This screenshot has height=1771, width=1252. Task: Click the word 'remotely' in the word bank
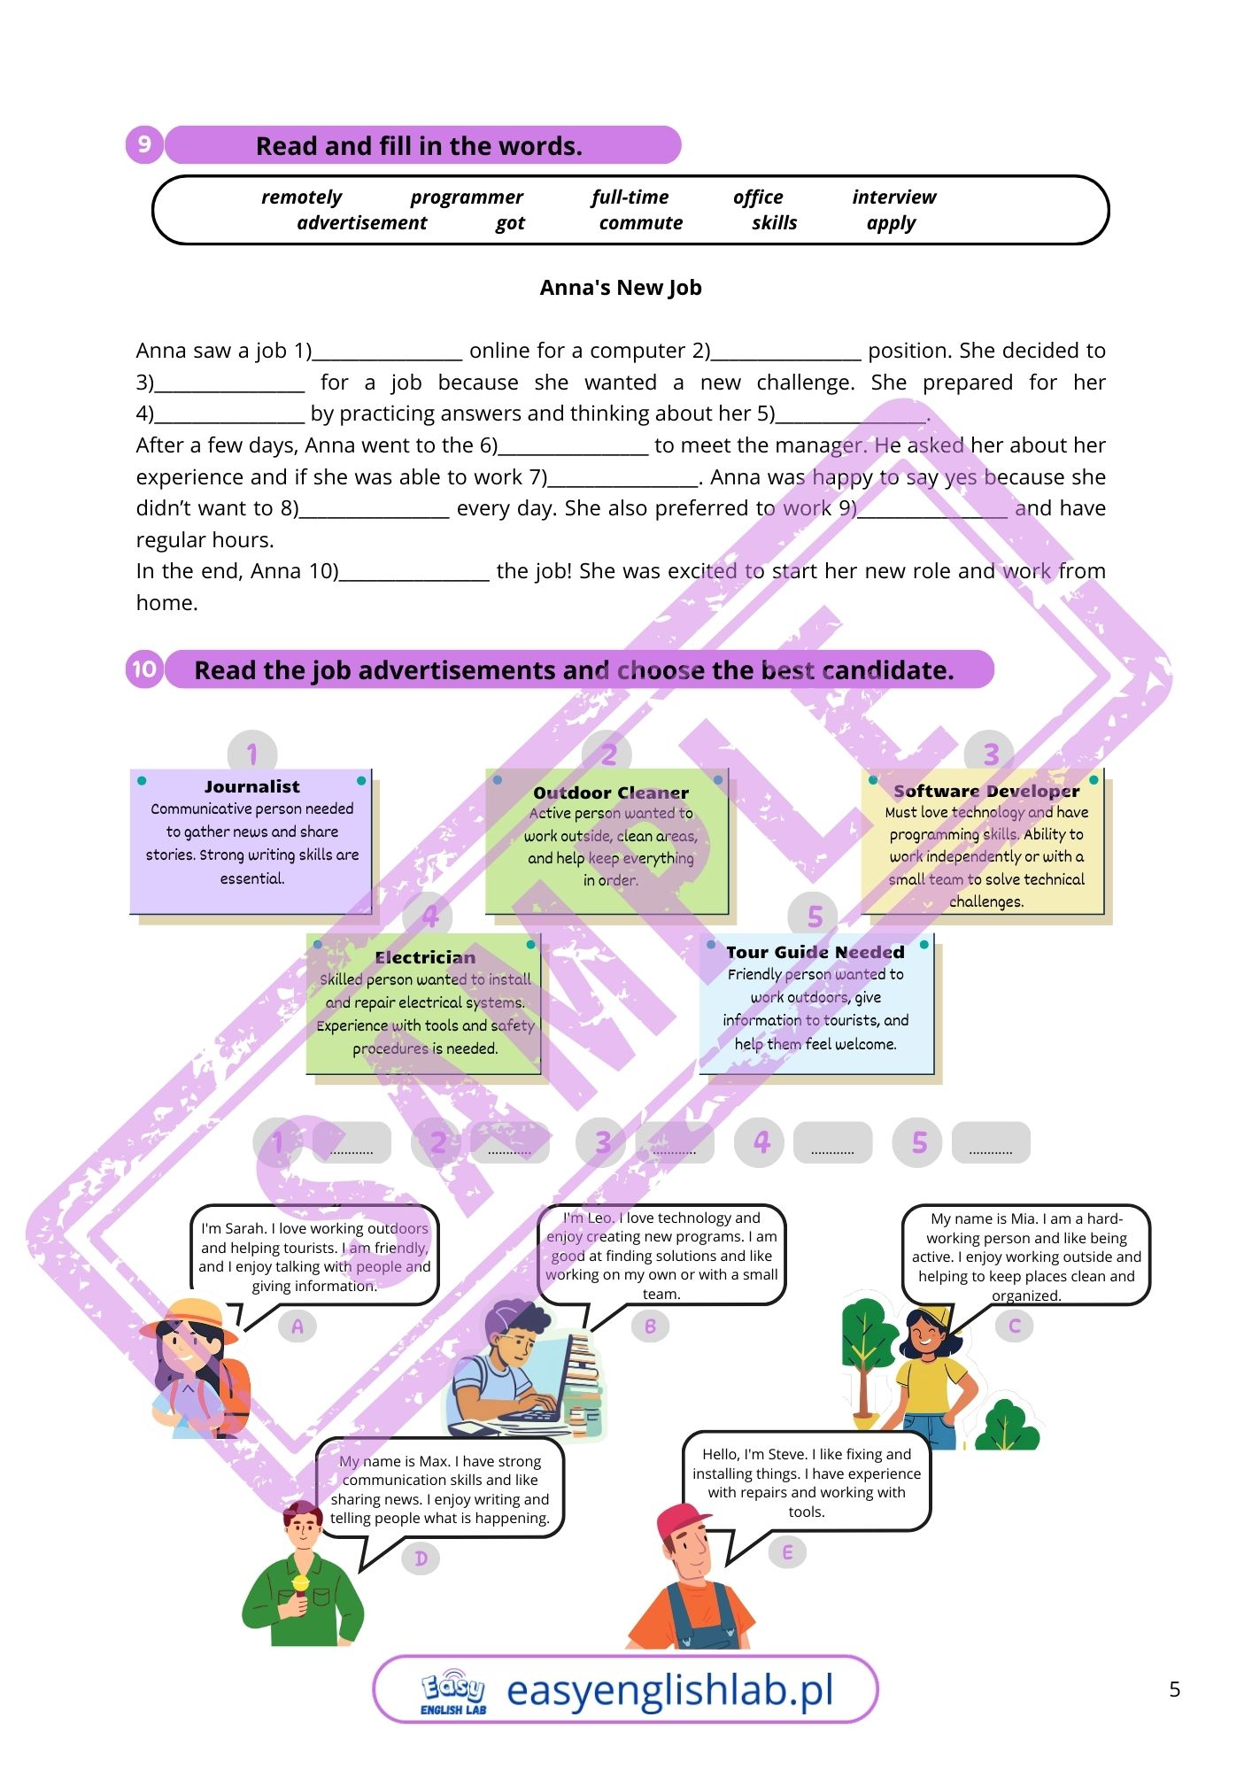pyautogui.click(x=301, y=197)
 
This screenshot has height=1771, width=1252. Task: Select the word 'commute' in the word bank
pyautogui.click(x=640, y=223)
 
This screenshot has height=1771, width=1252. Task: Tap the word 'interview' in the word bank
pyautogui.click(x=893, y=197)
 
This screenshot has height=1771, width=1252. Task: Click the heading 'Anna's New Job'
pyautogui.click(x=621, y=288)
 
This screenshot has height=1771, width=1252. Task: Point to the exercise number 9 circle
pyautogui.click(x=144, y=144)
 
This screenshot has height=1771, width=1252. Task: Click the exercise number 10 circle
pyautogui.click(x=144, y=669)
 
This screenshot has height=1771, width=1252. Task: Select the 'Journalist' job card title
pyautogui.click(x=252, y=786)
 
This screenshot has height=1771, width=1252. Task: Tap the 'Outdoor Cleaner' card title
pyautogui.click(x=611, y=793)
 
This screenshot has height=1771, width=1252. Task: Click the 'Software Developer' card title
pyautogui.click(x=986, y=791)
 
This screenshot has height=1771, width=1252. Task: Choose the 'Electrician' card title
pyautogui.click(x=425, y=957)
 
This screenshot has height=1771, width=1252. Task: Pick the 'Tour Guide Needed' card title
pyautogui.click(x=815, y=952)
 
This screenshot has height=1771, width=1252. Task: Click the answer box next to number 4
pyautogui.click(x=832, y=1143)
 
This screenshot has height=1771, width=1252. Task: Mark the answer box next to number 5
pyautogui.click(x=991, y=1143)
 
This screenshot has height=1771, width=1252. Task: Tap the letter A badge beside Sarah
pyautogui.click(x=298, y=1326)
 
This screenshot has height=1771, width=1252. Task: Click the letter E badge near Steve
pyautogui.click(x=787, y=1551)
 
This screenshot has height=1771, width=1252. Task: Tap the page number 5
pyautogui.click(x=1174, y=1690)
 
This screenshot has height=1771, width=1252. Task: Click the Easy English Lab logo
pyautogui.click(x=453, y=1691)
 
